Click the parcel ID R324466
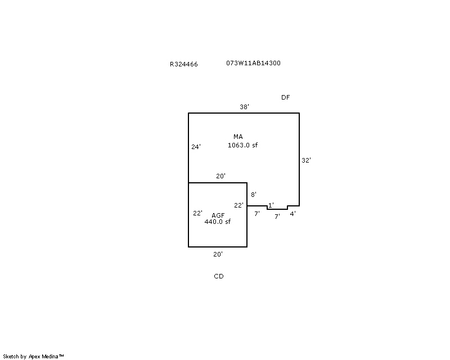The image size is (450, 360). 184,64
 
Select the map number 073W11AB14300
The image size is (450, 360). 253,63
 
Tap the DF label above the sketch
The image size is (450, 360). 285,97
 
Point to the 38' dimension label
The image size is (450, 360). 244,107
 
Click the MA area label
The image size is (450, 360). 238,137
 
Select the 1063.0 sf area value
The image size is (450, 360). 242,145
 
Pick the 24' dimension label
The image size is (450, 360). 196,147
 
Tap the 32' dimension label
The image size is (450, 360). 306,160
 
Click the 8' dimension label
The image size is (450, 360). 254,195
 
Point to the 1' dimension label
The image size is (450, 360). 271,205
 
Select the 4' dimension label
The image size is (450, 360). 292,214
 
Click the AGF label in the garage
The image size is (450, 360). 218,215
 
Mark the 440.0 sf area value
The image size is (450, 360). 217,222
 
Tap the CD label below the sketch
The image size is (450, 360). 219,276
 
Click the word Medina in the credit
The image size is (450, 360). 49,357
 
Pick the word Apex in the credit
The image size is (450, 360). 34,357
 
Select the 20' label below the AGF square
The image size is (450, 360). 218,254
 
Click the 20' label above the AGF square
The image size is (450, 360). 220,176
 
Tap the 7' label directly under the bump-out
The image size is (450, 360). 277,217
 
